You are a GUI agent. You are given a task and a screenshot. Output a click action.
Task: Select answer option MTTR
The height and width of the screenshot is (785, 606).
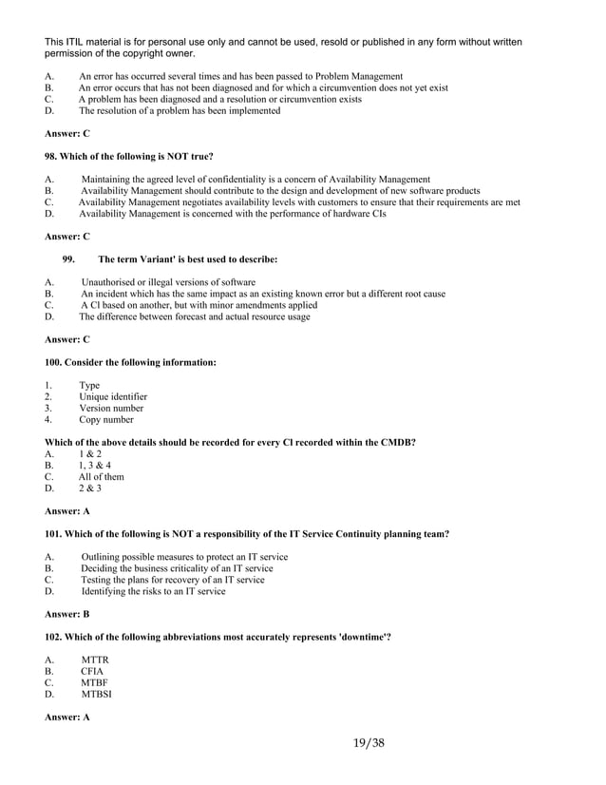pos(95,660)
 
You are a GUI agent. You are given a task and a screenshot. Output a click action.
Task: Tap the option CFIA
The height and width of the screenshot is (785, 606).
pos(93,671)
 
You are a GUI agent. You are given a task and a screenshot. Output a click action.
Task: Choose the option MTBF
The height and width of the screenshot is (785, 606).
pos(95,682)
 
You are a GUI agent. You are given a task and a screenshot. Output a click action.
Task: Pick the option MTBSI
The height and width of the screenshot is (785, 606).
pos(97,694)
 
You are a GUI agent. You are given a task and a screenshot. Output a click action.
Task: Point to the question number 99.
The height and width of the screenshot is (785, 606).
pos(69,259)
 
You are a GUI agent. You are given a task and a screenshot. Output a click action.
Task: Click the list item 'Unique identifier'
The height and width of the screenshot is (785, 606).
pos(113,397)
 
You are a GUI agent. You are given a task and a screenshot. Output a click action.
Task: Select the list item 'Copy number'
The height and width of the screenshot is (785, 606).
pos(106,420)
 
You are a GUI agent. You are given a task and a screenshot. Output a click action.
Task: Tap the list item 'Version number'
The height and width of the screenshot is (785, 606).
pos(111,409)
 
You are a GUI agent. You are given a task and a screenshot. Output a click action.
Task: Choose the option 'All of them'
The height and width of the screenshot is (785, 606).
pos(102,477)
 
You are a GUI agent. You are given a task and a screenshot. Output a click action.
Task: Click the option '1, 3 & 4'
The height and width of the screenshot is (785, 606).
pos(95,466)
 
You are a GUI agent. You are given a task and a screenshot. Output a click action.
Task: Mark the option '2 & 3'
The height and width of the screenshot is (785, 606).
pos(90,488)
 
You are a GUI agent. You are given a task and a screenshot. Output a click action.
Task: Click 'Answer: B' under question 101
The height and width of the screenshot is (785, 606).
pos(67,614)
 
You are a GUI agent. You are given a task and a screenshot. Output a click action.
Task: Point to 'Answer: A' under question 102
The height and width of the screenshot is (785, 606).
pos(67,717)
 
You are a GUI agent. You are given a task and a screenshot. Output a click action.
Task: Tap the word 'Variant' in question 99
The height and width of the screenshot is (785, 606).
pos(139,259)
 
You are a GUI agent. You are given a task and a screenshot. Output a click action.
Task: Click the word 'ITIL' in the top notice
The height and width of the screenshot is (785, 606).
pos(80,42)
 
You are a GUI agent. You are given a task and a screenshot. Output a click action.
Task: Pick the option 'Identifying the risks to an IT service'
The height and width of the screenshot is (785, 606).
pos(153,591)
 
